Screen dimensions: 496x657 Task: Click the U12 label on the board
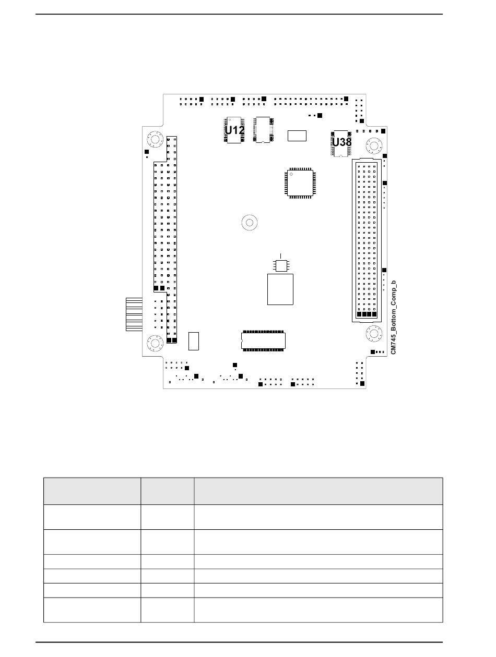[234, 130]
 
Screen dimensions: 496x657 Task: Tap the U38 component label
[341, 142]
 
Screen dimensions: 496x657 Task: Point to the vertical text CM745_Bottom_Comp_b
[394, 317]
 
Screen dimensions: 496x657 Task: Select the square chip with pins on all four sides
[300, 183]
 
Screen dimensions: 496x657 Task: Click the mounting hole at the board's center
[250, 223]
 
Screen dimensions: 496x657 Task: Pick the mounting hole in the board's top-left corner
[155, 139]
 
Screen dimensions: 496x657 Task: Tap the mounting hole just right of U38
[374, 146]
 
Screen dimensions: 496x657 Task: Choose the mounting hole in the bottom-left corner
[155, 343]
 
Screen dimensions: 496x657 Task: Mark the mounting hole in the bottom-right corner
[374, 333]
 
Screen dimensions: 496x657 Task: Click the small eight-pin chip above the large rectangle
[281, 265]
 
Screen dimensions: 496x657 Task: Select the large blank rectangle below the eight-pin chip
[280, 289]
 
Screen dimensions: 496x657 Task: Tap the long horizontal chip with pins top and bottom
[263, 340]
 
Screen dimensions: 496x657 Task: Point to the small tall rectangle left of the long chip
[194, 341]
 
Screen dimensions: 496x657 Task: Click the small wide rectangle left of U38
[297, 136]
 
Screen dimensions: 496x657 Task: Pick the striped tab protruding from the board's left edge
[134, 314]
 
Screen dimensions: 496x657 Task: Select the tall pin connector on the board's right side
[367, 240]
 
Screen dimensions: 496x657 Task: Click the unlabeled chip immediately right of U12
[263, 130]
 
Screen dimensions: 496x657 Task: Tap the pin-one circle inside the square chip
[291, 174]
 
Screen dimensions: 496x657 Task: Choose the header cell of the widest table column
[318, 491]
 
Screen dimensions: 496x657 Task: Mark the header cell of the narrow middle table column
[167, 491]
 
